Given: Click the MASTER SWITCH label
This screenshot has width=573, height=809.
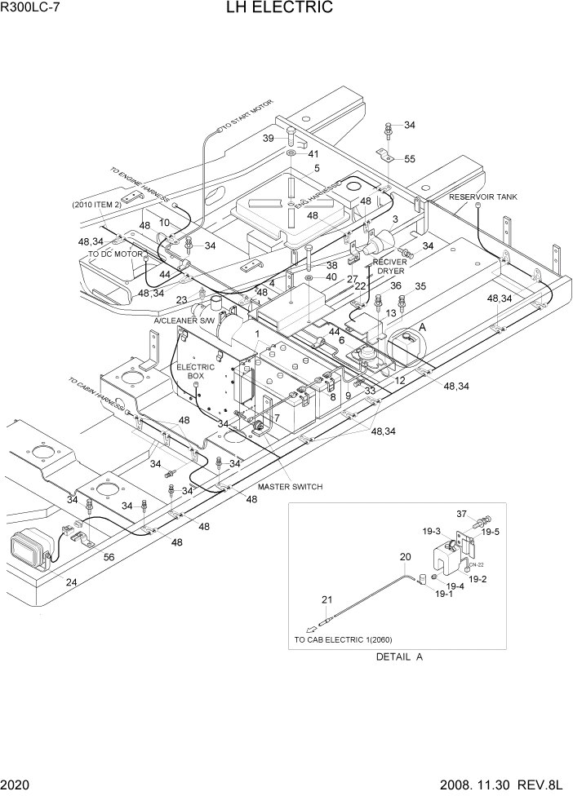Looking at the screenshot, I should (x=290, y=487).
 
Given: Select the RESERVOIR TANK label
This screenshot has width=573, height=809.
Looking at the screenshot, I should (x=482, y=197).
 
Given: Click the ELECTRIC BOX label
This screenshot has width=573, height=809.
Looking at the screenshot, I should (x=195, y=372).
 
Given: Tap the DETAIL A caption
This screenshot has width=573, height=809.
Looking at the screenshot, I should (x=399, y=656).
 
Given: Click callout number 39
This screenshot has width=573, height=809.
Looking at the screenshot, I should (x=268, y=138).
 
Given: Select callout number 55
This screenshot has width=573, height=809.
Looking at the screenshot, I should (x=410, y=158).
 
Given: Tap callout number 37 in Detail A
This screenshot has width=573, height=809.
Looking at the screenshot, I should (x=460, y=514).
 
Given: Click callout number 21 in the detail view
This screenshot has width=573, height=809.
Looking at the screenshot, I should (x=326, y=600).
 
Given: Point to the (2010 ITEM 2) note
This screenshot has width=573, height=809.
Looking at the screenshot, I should (x=97, y=204).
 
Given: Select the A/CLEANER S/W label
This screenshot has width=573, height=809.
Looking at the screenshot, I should (x=184, y=321).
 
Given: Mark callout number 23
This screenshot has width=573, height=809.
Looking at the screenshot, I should (x=180, y=299).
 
